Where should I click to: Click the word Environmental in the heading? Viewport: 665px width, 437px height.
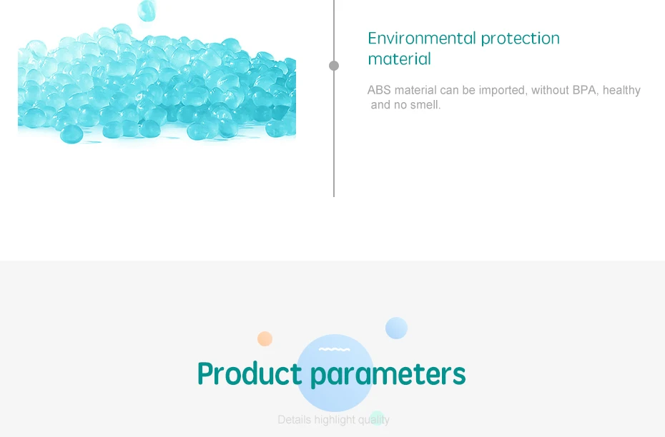423,38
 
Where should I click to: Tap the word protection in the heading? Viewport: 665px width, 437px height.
521,39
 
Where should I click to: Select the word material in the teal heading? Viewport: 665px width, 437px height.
399,59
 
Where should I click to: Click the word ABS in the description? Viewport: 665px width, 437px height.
379,90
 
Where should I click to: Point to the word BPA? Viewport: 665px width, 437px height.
585,90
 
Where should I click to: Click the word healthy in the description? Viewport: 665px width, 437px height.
621,91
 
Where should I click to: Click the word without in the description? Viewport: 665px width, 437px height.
550,90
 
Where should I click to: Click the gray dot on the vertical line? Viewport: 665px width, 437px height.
334,66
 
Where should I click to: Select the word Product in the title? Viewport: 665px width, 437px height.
250,373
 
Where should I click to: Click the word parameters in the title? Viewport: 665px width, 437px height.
388,375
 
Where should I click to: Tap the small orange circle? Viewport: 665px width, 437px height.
265,338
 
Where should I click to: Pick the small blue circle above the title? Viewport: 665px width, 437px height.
397,328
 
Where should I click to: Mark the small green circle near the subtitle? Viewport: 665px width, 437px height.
377,418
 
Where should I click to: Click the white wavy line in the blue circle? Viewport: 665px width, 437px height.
335,349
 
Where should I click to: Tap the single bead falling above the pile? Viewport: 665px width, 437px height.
147,10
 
